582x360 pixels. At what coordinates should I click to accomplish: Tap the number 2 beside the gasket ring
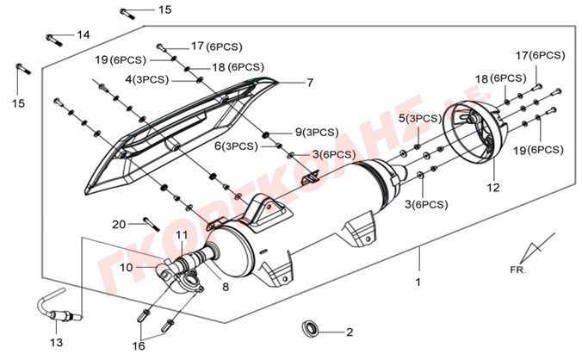(350, 332)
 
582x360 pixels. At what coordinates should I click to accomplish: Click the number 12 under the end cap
(492, 187)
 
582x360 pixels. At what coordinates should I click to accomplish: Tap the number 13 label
(57, 342)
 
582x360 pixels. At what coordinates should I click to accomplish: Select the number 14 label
(83, 35)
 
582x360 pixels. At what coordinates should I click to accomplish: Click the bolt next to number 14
(55, 38)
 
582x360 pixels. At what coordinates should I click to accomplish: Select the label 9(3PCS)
(316, 132)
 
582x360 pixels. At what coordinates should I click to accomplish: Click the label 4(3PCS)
(145, 79)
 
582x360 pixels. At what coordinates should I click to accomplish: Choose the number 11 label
(182, 235)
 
